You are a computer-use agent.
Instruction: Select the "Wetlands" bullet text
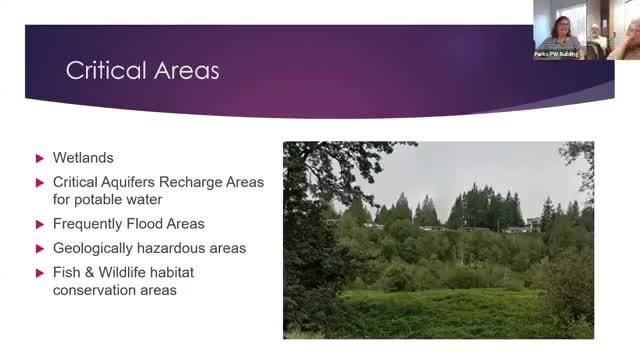pos(83,158)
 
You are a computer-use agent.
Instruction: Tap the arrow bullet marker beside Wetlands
pos(40,158)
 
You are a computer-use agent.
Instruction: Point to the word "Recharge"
pos(181,182)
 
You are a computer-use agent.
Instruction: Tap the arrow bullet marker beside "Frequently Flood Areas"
pos(40,223)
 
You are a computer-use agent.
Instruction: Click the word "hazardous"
pos(171,247)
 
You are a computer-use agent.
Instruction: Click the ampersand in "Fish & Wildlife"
pos(87,271)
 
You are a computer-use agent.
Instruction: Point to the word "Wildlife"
pos(119,271)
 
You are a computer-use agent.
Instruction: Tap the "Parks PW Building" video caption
pos(558,54)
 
